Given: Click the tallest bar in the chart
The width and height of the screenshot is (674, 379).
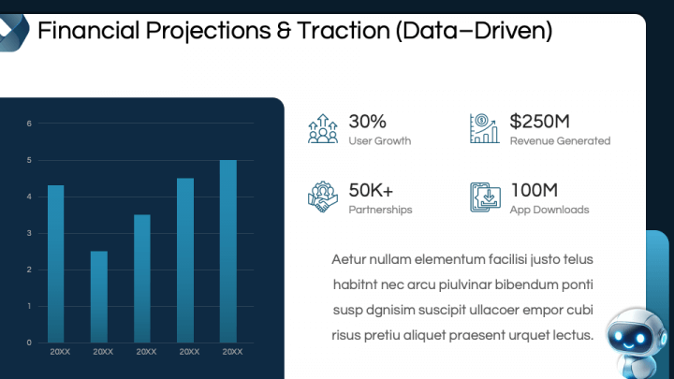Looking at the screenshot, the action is [x=228, y=252].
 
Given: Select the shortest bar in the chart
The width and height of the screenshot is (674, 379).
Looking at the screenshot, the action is [x=99, y=297].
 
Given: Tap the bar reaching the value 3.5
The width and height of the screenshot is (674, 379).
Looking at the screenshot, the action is [x=142, y=279].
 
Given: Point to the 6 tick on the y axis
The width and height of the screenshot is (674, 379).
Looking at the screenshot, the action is [x=29, y=124].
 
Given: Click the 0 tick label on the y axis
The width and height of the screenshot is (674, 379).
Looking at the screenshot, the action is [x=29, y=343].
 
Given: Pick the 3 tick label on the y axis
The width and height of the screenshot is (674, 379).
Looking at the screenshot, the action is [x=29, y=233].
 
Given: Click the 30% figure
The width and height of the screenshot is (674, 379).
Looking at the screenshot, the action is [x=367, y=122].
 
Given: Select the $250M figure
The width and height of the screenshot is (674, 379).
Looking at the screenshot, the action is [x=539, y=122].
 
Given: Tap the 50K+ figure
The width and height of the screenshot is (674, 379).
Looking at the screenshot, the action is [x=371, y=190].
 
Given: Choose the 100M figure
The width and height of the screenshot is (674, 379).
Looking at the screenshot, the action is [x=534, y=190].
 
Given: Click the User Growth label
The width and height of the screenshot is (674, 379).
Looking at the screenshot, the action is [x=379, y=141].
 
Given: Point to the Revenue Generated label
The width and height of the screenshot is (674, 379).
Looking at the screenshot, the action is [x=560, y=141].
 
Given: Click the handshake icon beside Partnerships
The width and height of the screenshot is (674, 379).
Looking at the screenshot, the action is [x=323, y=197].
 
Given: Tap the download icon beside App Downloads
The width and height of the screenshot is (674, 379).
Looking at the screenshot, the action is [x=485, y=197].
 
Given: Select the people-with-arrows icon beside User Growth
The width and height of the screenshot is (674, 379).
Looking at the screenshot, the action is [x=323, y=128].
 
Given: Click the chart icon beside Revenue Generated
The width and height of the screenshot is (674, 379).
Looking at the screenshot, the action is [x=485, y=128].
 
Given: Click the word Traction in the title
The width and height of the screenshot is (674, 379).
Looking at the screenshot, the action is [x=343, y=31].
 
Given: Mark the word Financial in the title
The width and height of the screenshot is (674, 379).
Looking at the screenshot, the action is [x=89, y=31].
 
